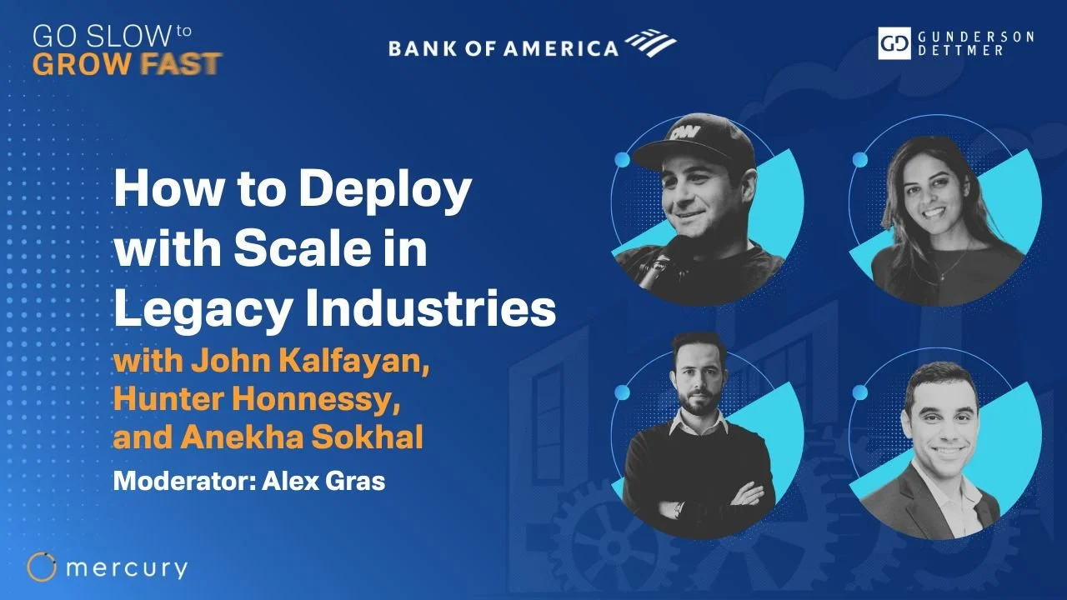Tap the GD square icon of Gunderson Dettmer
tap(894, 43)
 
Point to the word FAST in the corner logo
tap(186, 63)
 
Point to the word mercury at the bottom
tap(126, 568)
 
